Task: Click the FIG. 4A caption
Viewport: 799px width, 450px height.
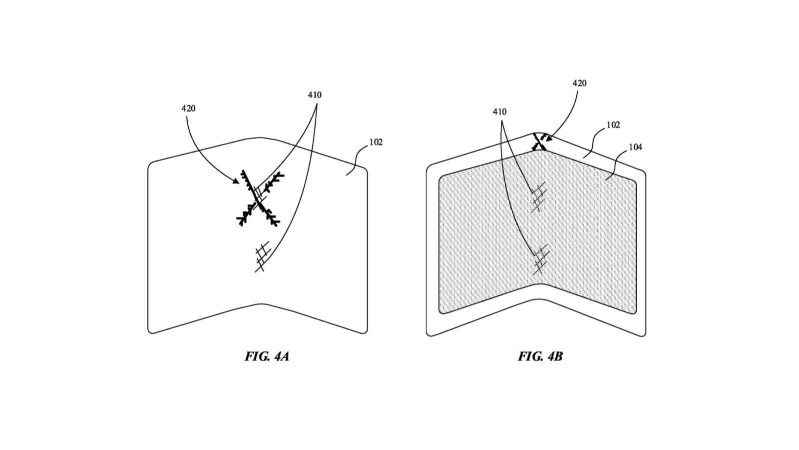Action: pyautogui.click(x=267, y=356)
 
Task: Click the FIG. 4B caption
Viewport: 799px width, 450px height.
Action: pyautogui.click(x=540, y=356)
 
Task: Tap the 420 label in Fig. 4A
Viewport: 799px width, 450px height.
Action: pyautogui.click(x=188, y=108)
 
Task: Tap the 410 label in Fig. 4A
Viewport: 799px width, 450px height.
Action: pyautogui.click(x=315, y=95)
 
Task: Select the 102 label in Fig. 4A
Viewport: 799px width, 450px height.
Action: pyautogui.click(x=376, y=142)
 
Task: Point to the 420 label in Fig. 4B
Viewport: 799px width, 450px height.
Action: pyautogui.click(x=579, y=83)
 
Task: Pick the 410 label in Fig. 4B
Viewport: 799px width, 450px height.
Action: pyautogui.click(x=499, y=112)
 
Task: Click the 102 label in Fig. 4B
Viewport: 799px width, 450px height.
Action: pyautogui.click(x=613, y=125)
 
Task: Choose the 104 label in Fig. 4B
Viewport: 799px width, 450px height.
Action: pyautogui.click(x=635, y=147)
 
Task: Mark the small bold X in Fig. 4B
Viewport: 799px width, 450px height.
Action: pyautogui.click(x=539, y=142)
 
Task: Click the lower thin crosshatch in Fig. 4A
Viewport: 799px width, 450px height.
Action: pyautogui.click(x=262, y=256)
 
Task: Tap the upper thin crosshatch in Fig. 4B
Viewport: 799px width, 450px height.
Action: pyautogui.click(x=538, y=196)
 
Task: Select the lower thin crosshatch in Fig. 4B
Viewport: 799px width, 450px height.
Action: pyautogui.click(x=539, y=259)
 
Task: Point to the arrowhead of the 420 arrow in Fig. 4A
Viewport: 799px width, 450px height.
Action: pyautogui.click(x=237, y=182)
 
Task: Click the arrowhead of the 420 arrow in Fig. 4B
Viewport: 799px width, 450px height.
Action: pyautogui.click(x=548, y=139)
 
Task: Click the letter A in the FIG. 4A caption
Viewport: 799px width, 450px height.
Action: pyautogui.click(x=284, y=356)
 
